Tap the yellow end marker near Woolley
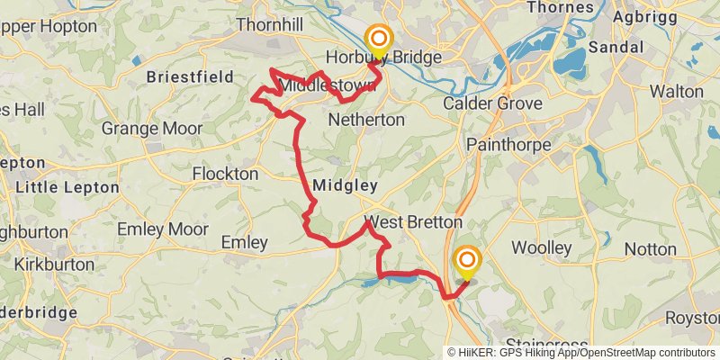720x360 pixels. point(467,261)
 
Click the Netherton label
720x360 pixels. point(366,119)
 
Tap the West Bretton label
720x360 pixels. point(413,221)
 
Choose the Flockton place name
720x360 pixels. point(226,173)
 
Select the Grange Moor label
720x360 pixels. point(151,128)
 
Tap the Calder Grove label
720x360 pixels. point(492,103)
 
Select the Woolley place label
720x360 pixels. point(542,247)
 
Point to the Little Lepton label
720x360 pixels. point(68,187)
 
